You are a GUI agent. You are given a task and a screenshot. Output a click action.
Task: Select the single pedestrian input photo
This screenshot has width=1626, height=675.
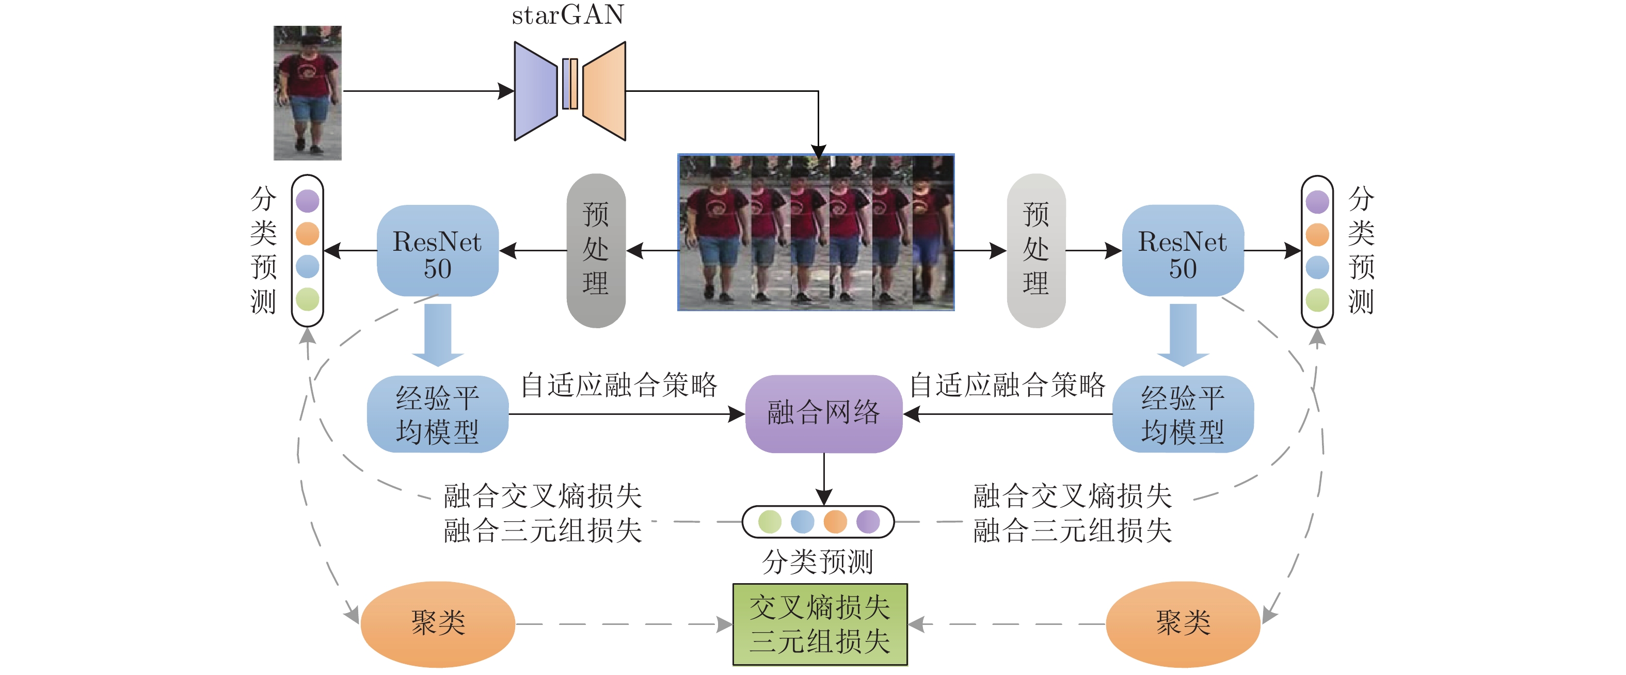pos(308,93)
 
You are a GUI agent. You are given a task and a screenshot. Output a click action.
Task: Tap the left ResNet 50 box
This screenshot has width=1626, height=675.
pos(437,250)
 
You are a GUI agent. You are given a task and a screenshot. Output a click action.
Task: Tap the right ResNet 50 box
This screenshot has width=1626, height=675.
pos(1183,250)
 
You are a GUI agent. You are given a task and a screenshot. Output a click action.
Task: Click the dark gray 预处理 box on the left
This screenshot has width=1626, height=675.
pos(596,250)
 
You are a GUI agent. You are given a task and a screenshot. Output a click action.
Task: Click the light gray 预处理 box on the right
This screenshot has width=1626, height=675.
pos(1036,250)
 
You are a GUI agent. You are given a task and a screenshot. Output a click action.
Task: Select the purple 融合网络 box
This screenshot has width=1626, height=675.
pos(824,414)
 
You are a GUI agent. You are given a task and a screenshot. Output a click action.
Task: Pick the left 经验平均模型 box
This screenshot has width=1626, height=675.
pos(437,414)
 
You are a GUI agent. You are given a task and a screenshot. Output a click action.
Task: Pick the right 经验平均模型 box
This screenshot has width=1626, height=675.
pos(1183,414)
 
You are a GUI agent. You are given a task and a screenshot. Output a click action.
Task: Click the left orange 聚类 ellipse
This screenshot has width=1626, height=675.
pos(437,624)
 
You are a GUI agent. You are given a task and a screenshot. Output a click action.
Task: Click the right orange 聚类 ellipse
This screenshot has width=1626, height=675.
pos(1183,624)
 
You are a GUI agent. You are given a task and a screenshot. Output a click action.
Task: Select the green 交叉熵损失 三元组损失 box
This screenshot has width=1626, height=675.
pos(820,624)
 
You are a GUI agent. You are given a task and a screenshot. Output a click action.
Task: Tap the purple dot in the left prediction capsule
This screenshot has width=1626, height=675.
pos(308,201)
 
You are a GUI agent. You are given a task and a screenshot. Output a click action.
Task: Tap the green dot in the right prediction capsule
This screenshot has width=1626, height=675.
pos(1317,300)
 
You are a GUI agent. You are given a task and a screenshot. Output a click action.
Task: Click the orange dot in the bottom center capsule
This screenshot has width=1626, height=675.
pos(835,522)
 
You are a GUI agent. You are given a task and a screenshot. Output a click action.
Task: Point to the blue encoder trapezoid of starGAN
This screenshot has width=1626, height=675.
pos(536,91)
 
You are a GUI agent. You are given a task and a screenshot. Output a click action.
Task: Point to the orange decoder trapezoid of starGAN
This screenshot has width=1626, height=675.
pos(604,91)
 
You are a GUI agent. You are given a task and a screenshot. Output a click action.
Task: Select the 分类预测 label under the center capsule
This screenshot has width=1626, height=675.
pos(818,561)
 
